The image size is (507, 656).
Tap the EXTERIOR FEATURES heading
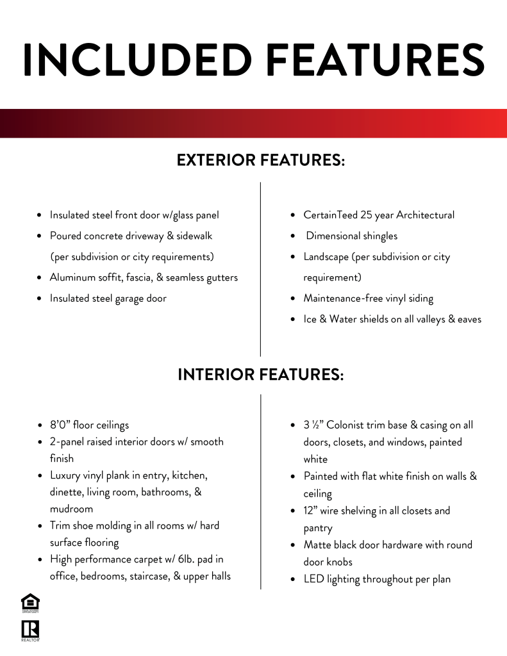261,160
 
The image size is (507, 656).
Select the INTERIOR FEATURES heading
261,374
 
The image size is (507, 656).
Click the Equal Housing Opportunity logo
30,603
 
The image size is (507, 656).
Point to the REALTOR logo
30,630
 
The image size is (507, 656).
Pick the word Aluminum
72,277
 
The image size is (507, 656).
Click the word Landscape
326,257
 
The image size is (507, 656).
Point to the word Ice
310,319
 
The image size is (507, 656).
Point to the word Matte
318,545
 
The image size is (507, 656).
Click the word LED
313,579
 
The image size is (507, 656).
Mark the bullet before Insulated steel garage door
40,299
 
